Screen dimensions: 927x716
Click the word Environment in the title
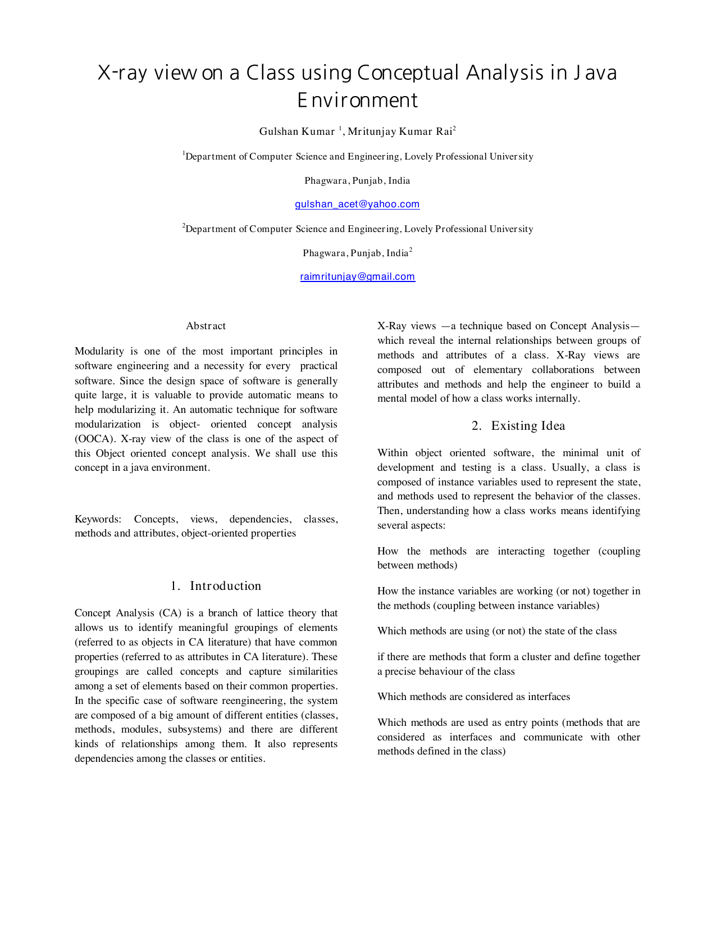tap(358, 101)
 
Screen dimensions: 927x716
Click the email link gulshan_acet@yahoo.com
tap(357, 204)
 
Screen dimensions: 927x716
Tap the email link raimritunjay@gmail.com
tap(357, 276)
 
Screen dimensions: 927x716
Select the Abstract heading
tap(206, 326)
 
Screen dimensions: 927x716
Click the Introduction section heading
tap(225, 586)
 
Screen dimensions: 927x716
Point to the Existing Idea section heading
tap(528, 426)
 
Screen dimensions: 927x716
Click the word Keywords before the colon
tap(97, 519)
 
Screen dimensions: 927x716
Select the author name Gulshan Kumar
tap(297, 131)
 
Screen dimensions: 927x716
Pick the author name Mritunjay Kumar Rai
tap(400, 131)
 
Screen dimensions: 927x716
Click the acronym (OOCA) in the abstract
tap(94, 439)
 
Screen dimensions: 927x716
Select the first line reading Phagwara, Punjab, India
tap(357, 181)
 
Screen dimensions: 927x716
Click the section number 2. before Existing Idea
tap(476, 426)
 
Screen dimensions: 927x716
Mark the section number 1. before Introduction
tap(175, 586)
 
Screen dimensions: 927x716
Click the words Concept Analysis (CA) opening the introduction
tap(127, 613)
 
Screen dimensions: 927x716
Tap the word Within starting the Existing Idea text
tap(393, 453)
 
